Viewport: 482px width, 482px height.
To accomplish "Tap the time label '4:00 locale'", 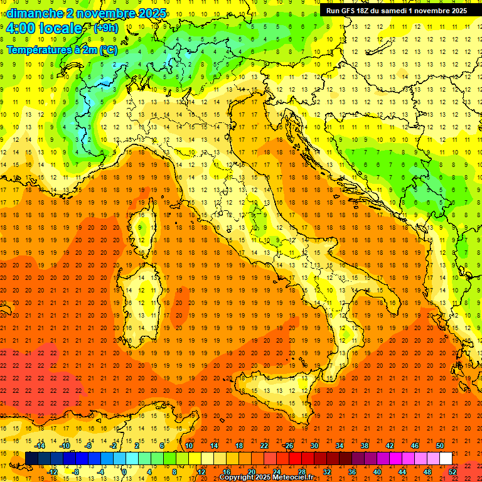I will coord(44,28).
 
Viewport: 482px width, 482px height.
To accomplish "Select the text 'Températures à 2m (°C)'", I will coord(62,50).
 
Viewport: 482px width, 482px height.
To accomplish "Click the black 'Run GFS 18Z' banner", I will coord(396,11).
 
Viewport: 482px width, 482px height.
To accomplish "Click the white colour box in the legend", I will coord(446,458).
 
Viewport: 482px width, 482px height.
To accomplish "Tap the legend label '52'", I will coord(453,471).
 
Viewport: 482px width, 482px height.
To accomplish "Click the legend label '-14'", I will coord(40,446).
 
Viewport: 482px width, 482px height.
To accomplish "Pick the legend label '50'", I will coord(440,446).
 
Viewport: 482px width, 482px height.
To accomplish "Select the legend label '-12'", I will coord(52,471).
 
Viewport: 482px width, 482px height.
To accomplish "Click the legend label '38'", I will coord(365,446).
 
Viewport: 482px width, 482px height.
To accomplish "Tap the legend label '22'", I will coord(264,446).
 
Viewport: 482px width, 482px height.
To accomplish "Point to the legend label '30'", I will coord(314,446).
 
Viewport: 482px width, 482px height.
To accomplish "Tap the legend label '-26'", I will coord(288,446).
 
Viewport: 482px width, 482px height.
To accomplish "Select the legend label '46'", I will coord(415,446).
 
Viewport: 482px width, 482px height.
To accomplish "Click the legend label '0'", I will coord(124,471).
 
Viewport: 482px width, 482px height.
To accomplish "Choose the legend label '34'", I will coord(340,446).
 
